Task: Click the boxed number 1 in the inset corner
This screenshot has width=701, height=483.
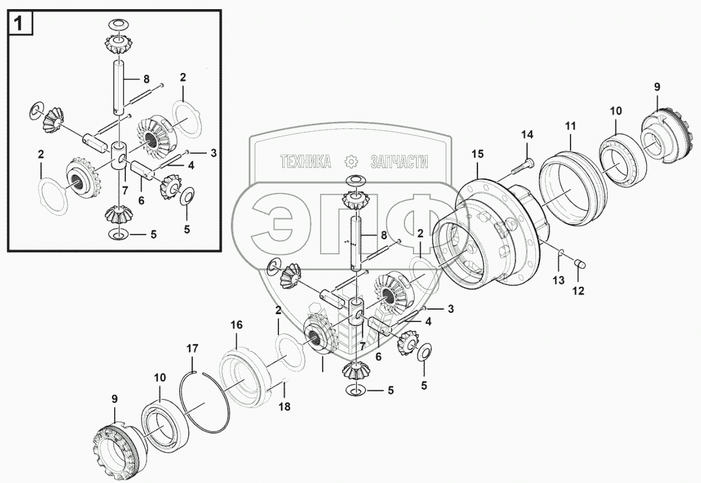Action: pos(20,24)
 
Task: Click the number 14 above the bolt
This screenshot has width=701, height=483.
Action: pos(527,135)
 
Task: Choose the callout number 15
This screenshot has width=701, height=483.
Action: pos(478,154)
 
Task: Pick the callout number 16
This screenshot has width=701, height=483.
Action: pos(235,325)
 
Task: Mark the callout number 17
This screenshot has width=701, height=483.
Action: pos(192,349)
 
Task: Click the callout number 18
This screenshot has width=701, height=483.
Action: pos(285,406)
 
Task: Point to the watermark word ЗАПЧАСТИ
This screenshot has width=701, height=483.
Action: pos(398,162)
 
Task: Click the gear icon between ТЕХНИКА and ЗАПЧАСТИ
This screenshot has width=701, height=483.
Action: pos(351,161)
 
